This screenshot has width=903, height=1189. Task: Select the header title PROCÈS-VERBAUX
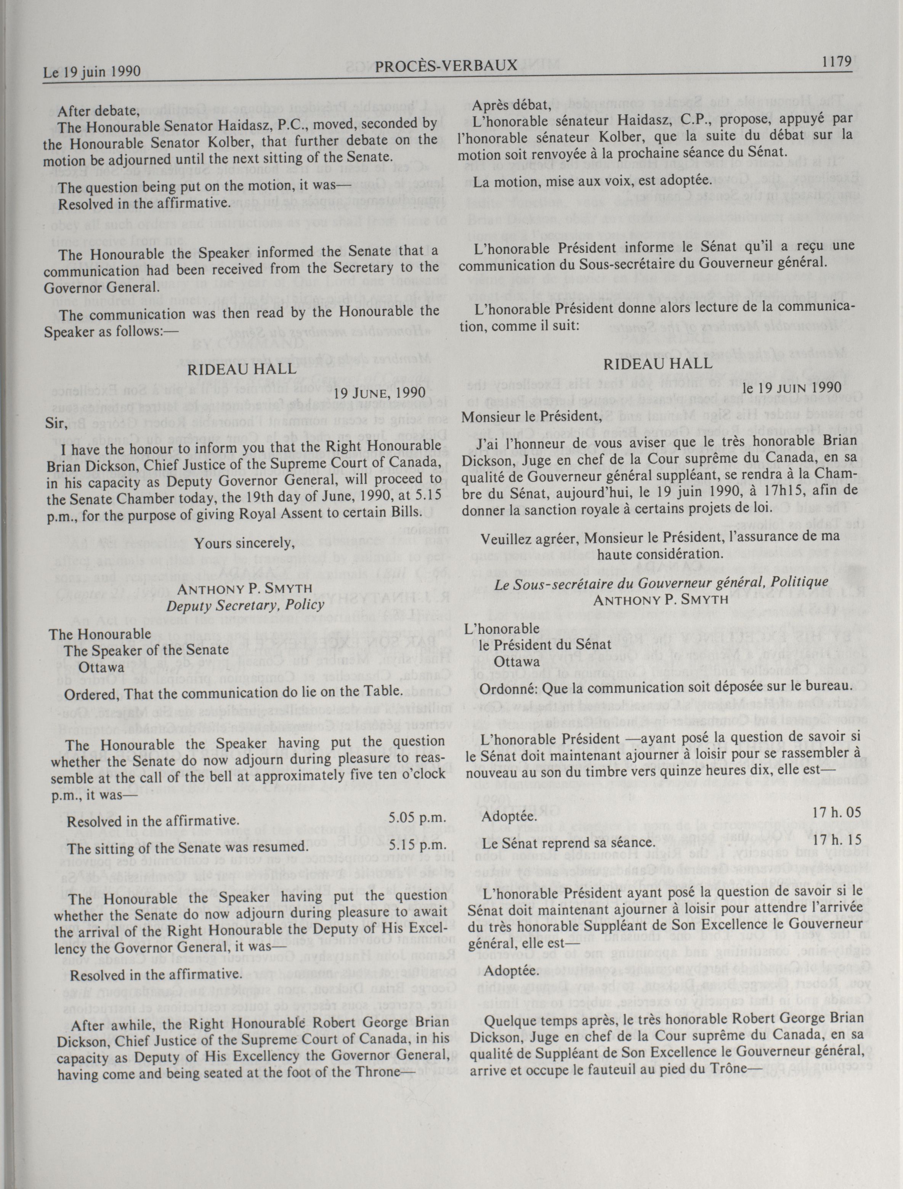tap(447, 66)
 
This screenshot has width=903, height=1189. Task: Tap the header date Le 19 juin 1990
tap(92, 72)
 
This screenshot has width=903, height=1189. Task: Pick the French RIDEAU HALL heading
tap(658, 364)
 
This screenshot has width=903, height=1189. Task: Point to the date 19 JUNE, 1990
tap(380, 393)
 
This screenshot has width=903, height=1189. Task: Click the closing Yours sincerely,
tap(245, 543)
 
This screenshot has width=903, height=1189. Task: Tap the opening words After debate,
tap(98, 111)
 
